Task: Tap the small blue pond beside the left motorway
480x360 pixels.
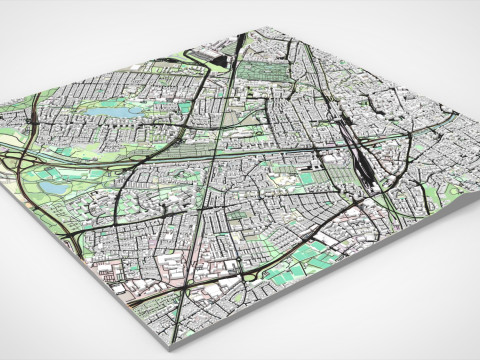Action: coord(50,186)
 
